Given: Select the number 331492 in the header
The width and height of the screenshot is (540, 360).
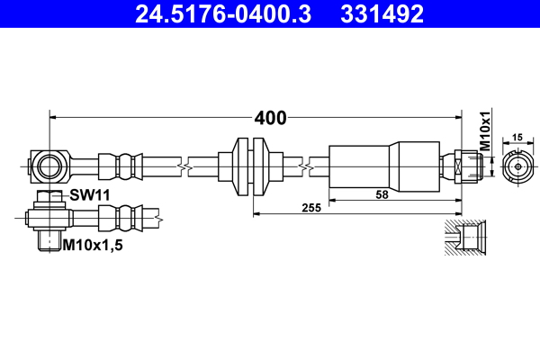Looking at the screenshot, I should pos(382,13).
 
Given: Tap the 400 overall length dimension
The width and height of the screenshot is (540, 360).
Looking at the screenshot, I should pos(270,118).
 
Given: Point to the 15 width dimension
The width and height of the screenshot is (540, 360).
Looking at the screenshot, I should pos(517,138).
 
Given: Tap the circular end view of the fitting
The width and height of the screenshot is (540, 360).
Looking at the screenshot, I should pos(517,166).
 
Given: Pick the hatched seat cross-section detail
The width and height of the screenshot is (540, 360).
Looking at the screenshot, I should pos(466,238).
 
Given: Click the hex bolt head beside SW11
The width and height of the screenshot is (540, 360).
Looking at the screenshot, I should pos(49,196).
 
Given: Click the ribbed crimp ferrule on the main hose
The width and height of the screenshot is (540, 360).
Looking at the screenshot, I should pos(121,166).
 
